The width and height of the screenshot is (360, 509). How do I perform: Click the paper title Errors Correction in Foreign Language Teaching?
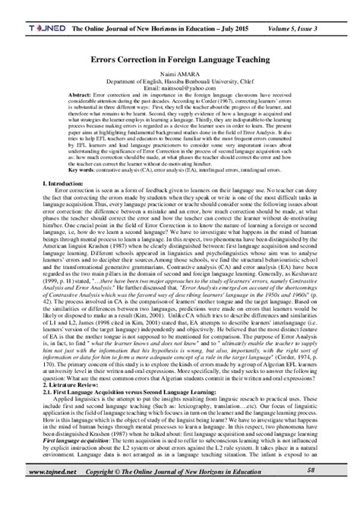coord(179,58)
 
